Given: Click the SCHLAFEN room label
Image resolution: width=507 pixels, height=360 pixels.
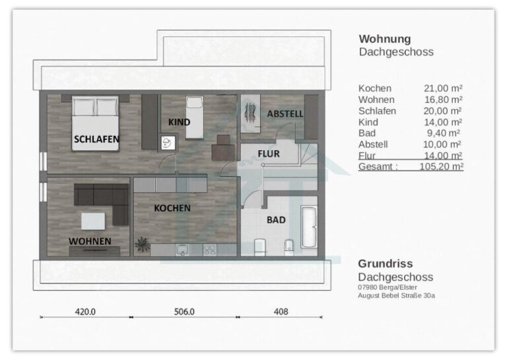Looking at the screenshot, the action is (96, 139).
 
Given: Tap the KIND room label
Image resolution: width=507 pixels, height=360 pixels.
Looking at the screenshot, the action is (179, 122).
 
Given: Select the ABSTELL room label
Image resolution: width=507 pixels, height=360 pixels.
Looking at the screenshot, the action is (285, 114).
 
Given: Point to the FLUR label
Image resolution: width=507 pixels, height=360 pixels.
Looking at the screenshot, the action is (269, 154).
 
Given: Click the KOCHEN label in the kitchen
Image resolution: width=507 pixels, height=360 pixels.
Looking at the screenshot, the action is (172, 208).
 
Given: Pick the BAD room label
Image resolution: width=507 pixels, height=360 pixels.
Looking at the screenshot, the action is (276, 220).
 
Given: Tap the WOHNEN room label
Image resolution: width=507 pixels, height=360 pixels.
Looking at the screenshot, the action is (90, 241).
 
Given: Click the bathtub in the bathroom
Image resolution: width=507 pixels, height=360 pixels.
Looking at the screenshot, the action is (308, 227).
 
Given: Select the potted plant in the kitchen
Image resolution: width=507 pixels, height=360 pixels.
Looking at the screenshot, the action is (143, 244).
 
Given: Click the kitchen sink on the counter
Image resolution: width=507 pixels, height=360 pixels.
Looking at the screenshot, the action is (182, 250).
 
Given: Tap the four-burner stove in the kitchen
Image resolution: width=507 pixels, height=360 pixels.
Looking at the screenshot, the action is (209, 250).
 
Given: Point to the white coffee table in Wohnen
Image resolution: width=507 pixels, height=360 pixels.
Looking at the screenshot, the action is (93, 221).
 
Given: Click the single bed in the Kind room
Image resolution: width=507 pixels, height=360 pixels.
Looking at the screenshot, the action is (194, 118).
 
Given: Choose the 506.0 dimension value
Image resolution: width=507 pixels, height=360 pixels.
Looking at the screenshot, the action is (184, 312).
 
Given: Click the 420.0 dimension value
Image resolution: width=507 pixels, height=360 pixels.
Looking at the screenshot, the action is (85, 312).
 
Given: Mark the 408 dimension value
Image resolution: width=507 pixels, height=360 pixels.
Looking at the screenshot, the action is (281, 312).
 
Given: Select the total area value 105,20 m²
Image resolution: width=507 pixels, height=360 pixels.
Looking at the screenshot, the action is (442, 166).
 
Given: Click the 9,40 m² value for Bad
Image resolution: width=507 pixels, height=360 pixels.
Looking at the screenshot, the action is (444, 133).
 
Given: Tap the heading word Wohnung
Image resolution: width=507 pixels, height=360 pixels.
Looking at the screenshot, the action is (385, 39).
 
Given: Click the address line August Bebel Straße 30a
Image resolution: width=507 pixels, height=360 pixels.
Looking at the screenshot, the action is (396, 295).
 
